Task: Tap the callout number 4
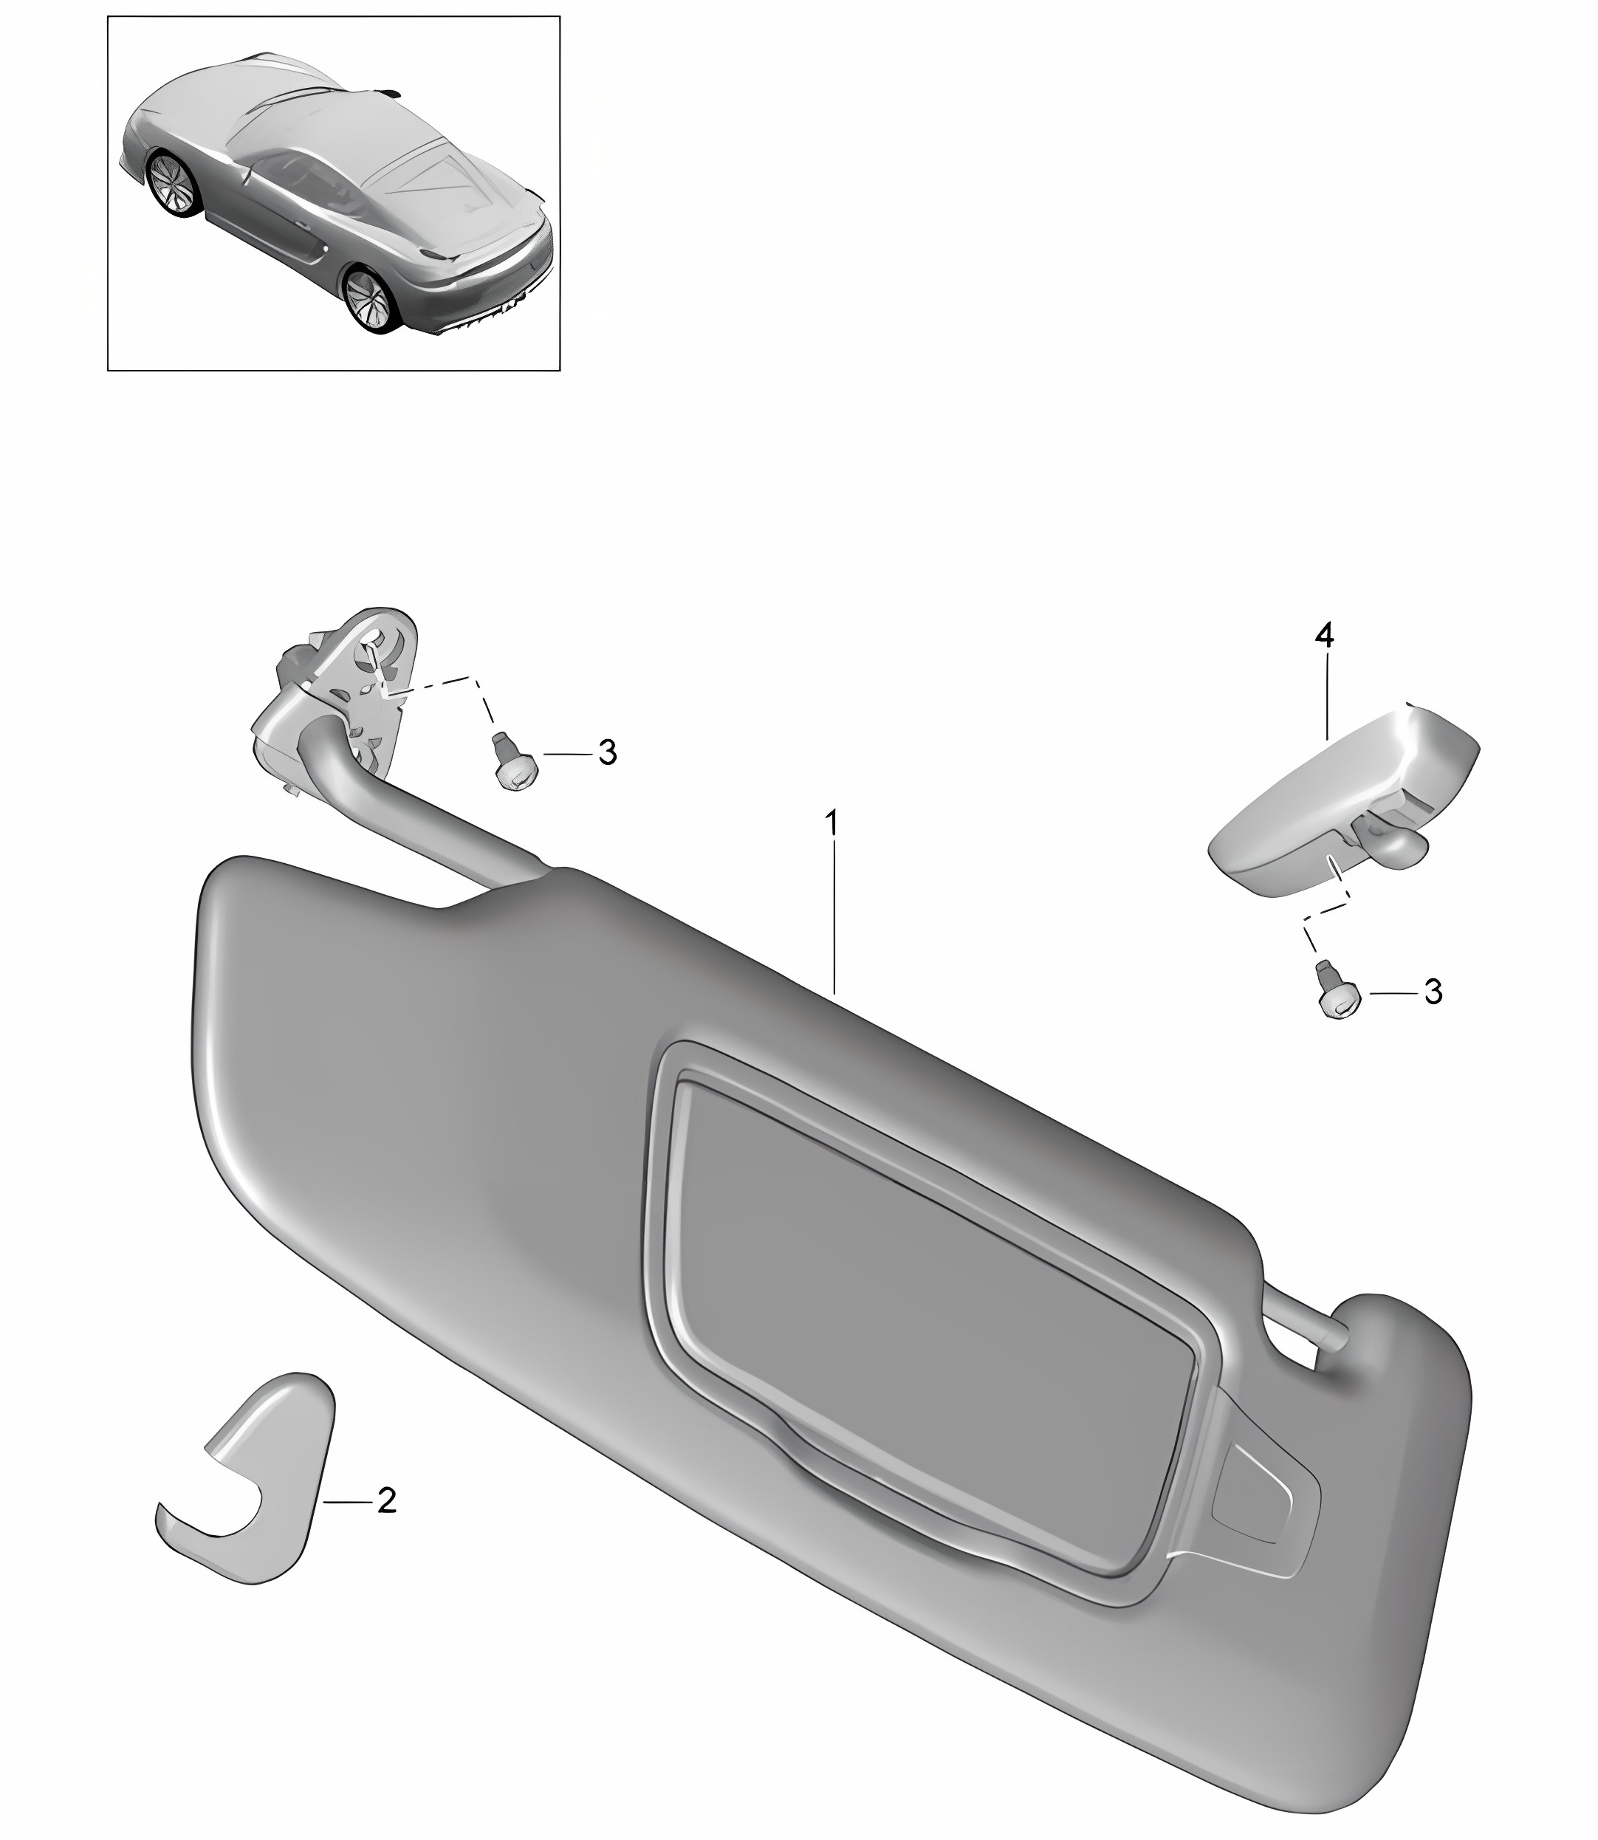click(x=1324, y=636)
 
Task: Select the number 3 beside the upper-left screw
click(x=607, y=752)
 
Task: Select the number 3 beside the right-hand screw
click(x=1433, y=992)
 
